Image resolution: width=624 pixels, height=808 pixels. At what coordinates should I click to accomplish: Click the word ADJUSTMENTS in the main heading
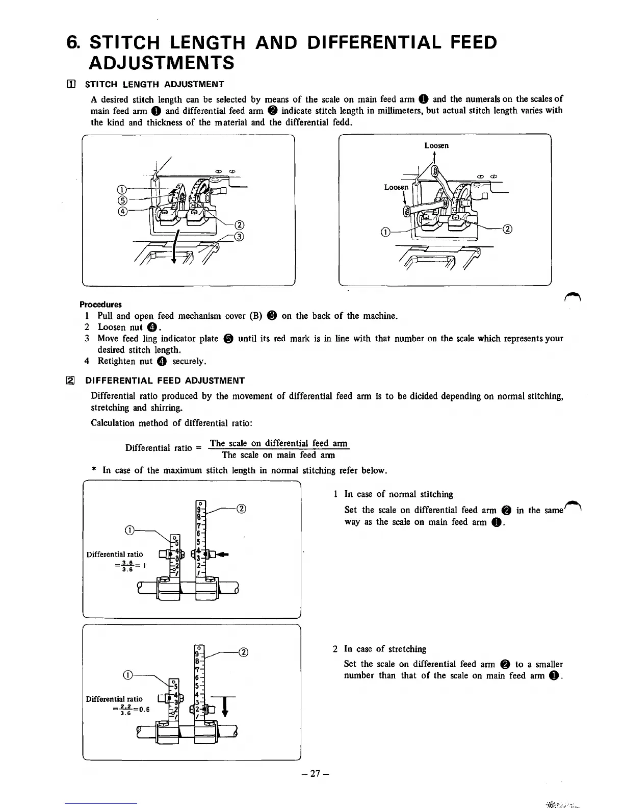[162, 63]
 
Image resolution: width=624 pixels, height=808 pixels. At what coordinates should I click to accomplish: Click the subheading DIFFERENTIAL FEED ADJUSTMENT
[165, 381]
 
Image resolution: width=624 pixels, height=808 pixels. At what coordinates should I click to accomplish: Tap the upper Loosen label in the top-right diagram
[436, 145]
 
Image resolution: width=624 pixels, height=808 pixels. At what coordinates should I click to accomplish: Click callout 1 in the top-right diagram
[386, 233]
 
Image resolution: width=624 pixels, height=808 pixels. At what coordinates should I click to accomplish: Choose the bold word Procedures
[100, 305]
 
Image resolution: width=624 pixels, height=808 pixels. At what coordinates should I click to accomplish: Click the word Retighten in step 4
[116, 361]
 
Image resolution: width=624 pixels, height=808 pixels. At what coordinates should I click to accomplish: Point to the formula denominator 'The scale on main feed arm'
[278, 455]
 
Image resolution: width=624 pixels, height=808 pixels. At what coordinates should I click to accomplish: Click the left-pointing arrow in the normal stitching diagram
[223, 554]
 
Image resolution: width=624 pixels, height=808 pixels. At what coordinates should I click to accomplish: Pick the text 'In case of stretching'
[385, 649]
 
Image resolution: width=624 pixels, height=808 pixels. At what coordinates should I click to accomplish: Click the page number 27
[313, 774]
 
